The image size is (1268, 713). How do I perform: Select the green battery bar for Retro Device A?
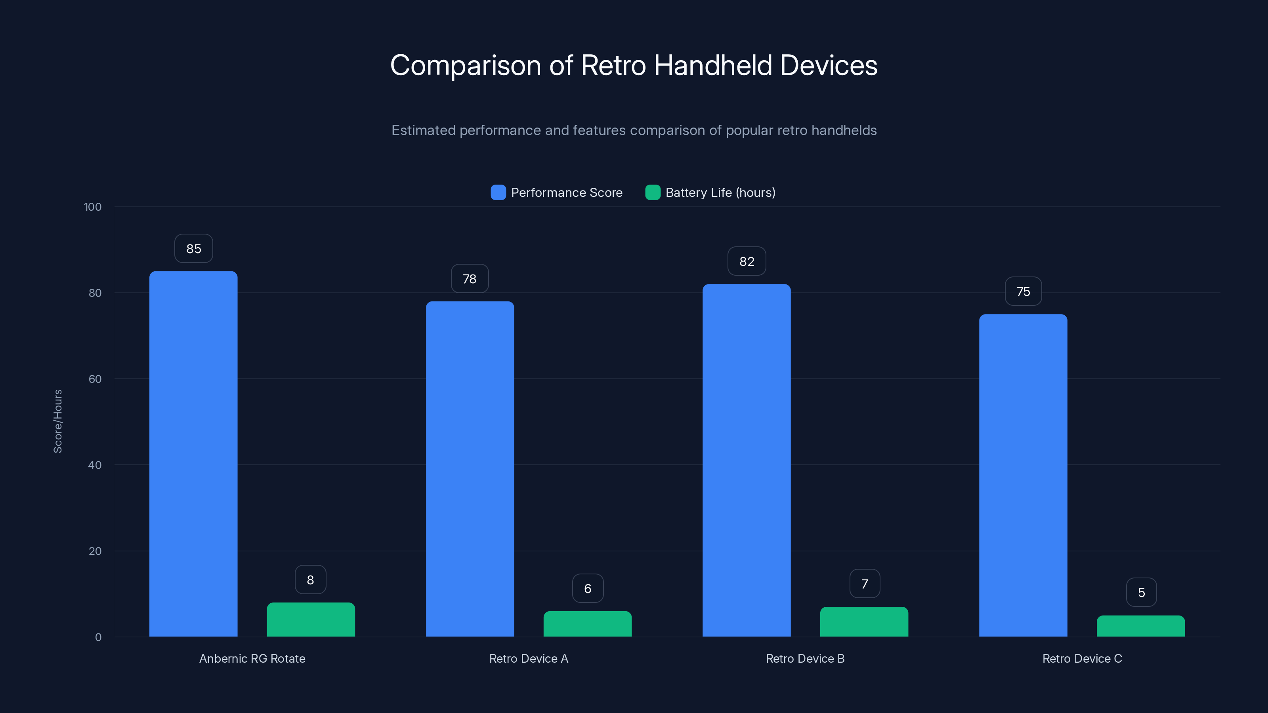587,623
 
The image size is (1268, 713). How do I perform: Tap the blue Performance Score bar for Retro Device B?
746,460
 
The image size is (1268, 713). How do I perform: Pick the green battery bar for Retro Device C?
1140,626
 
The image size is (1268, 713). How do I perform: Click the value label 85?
193,248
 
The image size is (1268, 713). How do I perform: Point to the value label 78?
470,278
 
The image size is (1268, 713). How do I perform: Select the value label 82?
747,261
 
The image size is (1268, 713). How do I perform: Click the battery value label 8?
310,580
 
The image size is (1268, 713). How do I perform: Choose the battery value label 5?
1141,593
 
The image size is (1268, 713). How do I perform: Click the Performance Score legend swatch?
498,193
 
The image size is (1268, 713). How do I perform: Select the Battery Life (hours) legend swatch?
653,193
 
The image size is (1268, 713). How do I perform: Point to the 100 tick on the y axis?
93,207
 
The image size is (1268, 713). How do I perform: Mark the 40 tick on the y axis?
95,465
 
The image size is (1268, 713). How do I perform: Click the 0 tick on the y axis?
98,637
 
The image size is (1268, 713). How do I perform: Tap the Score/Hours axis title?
57,421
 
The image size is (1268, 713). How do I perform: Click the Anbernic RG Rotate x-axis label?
252,658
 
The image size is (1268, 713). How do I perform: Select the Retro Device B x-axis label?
805,658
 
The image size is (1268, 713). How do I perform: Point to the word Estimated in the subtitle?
423,130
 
